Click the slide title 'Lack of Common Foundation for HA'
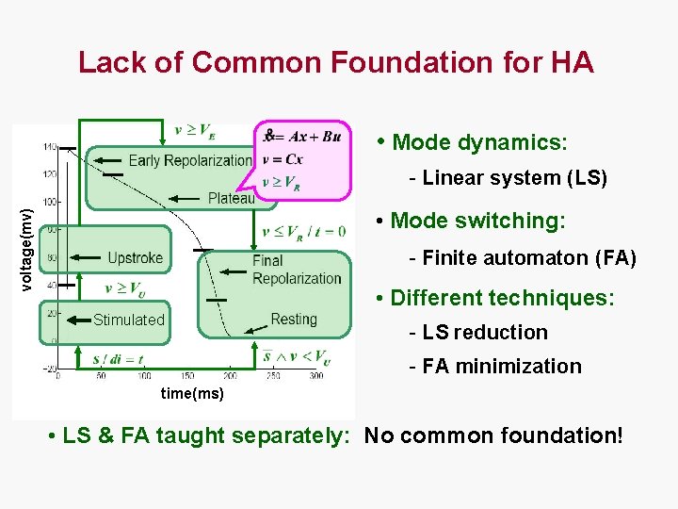click(336, 62)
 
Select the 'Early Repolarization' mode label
click(189, 160)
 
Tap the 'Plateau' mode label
click(231, 198)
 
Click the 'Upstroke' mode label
click(135, 257)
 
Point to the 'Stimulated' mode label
click(128, 320)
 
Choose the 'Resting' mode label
click(294, 320)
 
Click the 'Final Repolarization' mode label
click(296, 270)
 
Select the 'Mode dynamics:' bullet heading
click(479, 142)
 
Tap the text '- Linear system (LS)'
click(508, 177)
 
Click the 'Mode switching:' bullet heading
click(477, 221)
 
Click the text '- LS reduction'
click(477, 332)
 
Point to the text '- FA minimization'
click(494, 366)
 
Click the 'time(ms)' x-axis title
click(192, 394)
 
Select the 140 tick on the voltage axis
click(49, 147)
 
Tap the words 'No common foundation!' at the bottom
click(493, 435)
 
